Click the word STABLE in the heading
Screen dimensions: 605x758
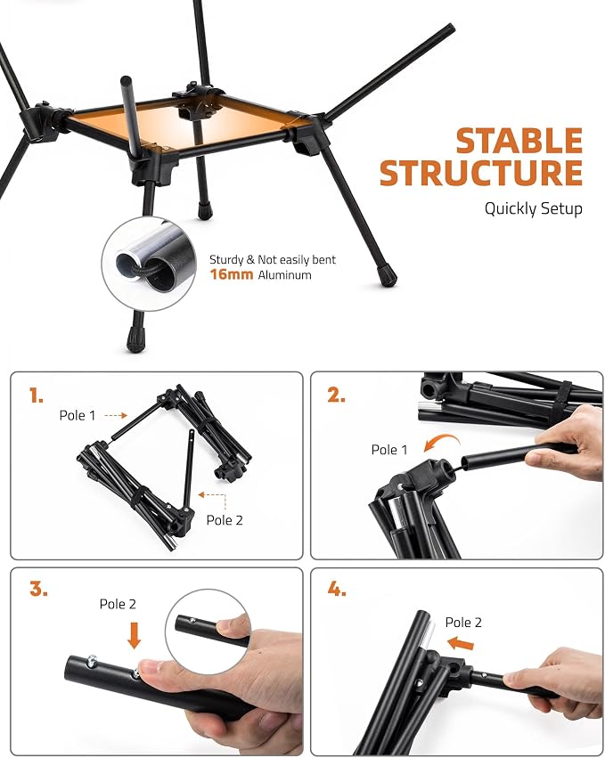519,141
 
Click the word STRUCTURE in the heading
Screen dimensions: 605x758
481,173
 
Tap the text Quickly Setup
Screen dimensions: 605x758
534,208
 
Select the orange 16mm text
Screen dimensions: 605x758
231,274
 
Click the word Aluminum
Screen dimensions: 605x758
284,275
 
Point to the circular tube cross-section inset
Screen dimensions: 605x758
149,264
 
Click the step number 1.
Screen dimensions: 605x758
37,395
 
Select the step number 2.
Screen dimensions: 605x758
337,395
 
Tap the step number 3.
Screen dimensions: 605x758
38,590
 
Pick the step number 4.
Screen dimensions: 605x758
337,590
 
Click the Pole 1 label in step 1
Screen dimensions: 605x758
78,415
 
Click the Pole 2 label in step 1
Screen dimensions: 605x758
225,520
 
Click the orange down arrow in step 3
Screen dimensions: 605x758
134,635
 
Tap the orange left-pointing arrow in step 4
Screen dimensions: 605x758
461,643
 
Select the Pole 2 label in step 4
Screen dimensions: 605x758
464,622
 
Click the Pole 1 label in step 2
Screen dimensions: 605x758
389,450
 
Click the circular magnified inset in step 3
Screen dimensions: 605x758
208,632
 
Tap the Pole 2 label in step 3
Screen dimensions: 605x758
118,604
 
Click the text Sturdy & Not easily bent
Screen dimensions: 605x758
273,259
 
